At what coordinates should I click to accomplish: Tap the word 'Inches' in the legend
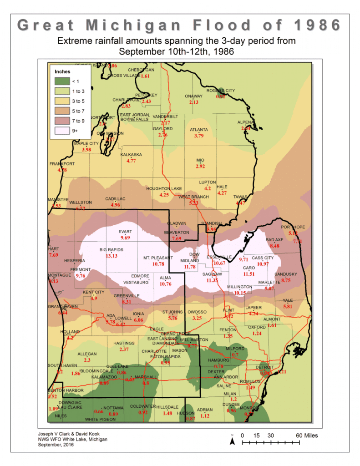pyautogui.click(x=63, y=71)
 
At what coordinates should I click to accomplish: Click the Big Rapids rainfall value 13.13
pyautogui.click(x=112, y=256)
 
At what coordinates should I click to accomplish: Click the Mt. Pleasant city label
pyautogui.click(x=158, y=258)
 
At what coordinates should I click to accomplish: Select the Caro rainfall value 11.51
pyautogui.click(x=248, y=274)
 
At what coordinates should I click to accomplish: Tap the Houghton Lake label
pyautogui.click(x=164, y=188)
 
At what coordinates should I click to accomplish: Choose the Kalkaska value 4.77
pyautogui.click(x=131, y=161)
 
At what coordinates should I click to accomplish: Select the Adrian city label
pyautogui.click(x=205, y=410)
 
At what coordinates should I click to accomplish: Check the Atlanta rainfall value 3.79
pyautogui.click(x=199, y=136)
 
